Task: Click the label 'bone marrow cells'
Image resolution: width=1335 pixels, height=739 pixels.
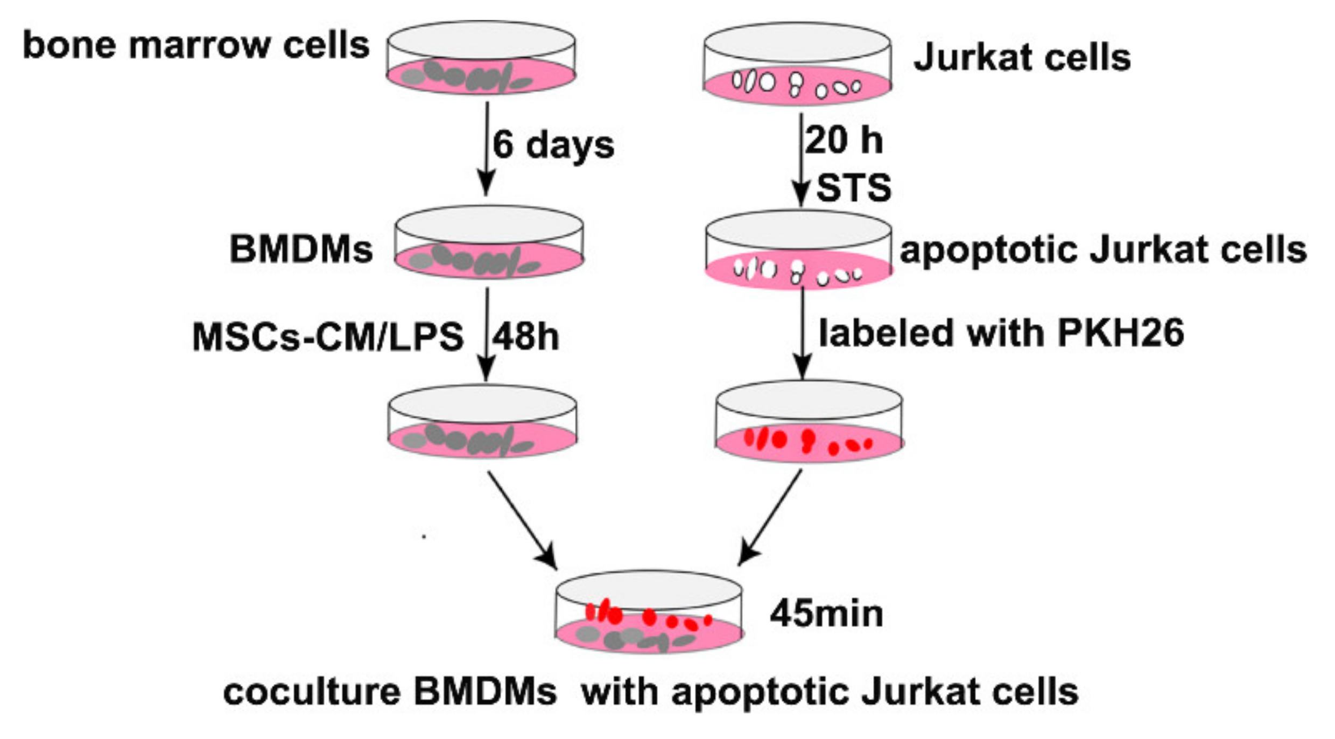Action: point(196,45)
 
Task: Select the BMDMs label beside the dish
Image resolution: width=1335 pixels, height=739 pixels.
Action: point(301,249)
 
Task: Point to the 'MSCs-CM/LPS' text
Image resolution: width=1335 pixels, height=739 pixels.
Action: point(328,337)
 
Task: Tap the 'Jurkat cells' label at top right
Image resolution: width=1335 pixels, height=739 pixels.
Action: point(1022,57)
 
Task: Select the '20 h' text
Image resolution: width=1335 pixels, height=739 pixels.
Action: point(844,140)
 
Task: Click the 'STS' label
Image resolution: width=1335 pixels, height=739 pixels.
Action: point(854,188)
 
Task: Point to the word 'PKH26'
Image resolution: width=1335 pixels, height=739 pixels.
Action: point(1121,333)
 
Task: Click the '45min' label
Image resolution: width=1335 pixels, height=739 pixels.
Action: point(826,613)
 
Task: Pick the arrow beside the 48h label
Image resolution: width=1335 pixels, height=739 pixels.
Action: point(487,334)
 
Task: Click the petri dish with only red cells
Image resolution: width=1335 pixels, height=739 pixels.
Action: point(809,423)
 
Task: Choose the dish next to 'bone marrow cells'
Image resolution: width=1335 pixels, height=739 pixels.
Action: point(481,58)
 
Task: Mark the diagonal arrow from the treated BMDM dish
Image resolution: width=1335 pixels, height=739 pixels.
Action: point(522,520)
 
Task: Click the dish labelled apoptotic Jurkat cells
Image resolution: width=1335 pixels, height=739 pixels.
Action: point(798,250)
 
